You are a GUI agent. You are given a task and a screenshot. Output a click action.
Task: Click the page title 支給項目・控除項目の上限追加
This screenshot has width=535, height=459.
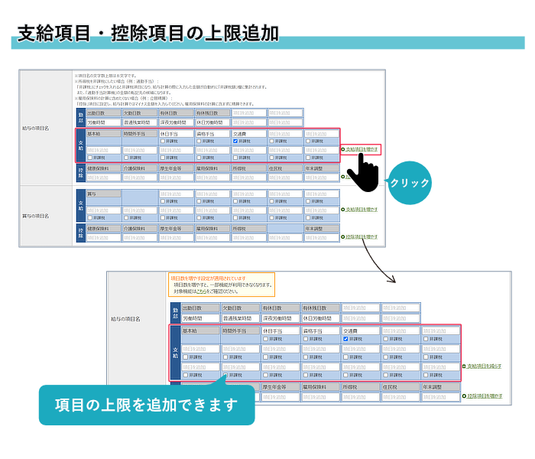point(148,33)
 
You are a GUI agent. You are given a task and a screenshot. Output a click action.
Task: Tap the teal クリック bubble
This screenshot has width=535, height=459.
point(410,184)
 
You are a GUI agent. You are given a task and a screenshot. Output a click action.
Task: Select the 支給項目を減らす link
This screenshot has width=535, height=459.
point(484,366)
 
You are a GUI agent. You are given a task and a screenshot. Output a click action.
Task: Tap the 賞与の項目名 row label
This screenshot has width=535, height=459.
point(36,216)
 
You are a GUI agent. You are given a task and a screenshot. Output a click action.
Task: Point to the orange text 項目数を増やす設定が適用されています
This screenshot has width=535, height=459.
point(207,278)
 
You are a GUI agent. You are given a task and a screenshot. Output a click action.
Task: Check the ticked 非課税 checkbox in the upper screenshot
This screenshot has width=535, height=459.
point(236,141)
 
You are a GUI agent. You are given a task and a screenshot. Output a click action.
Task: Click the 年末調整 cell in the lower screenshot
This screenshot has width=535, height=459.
point(442,388)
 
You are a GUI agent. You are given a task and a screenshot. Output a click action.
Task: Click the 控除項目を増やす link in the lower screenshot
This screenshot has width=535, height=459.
point(484,396)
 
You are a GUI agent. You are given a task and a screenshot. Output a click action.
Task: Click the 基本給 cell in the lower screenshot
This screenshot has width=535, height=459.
point(200,330)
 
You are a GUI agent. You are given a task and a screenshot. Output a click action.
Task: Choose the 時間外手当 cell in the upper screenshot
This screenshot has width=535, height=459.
point(138,133)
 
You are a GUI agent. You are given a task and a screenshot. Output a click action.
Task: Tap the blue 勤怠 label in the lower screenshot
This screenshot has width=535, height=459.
point(176,312)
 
